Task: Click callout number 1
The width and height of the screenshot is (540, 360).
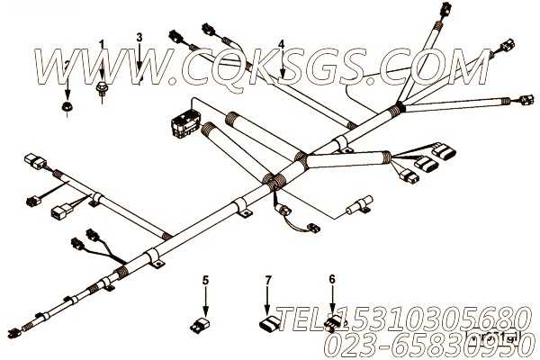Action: (102, 44)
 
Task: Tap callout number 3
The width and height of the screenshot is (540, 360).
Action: (139, 37)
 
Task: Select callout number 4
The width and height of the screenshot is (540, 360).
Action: (282, 44)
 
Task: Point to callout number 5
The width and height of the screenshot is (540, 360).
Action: (205, 281)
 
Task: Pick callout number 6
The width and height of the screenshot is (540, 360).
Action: (333, 280)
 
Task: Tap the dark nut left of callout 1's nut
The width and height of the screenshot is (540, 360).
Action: (67, 106)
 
